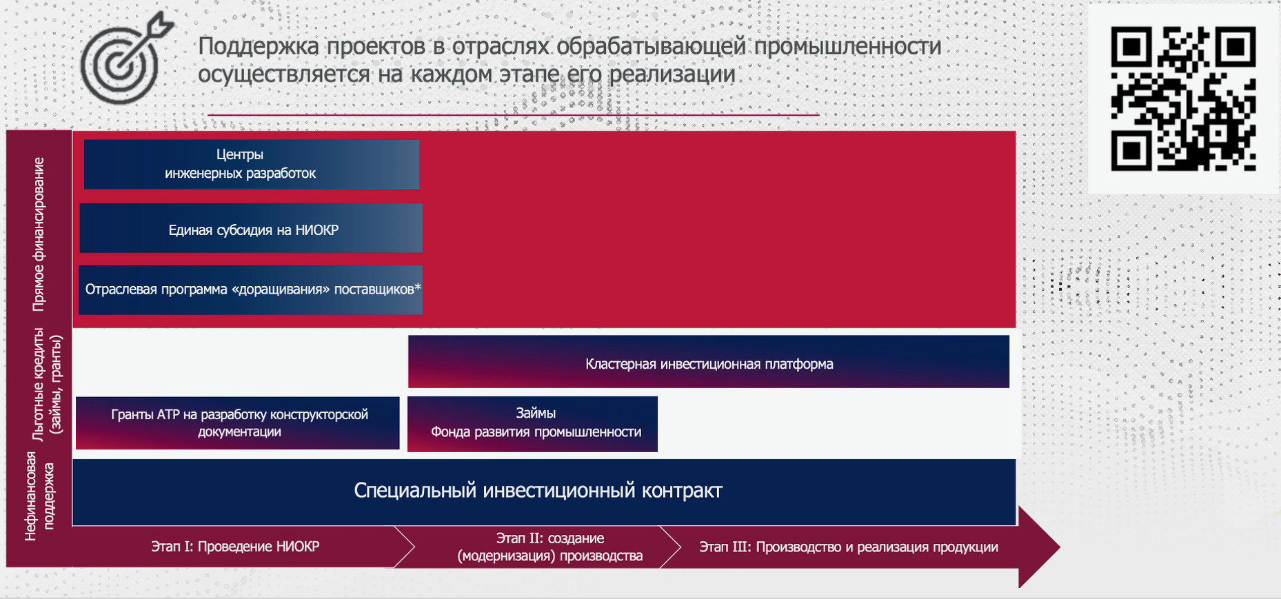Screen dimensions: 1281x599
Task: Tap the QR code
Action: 1183,99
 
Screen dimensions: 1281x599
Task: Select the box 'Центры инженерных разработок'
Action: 252,164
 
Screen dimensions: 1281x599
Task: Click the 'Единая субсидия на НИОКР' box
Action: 251,228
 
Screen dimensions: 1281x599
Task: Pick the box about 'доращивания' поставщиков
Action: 250,290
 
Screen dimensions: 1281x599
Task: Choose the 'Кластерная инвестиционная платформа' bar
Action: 709,362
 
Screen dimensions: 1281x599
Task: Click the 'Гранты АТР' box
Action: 238,423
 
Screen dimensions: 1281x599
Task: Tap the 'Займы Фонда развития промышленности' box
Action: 532,424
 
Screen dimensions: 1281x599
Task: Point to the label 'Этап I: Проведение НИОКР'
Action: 235,547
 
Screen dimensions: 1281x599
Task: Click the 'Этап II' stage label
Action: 550,547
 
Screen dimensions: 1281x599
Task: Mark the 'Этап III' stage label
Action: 849,547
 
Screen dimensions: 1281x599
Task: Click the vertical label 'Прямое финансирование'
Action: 39,234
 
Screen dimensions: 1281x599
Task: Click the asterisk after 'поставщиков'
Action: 418,287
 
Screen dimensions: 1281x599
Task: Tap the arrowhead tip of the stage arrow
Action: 1060,547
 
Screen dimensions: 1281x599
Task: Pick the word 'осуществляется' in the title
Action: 285,74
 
